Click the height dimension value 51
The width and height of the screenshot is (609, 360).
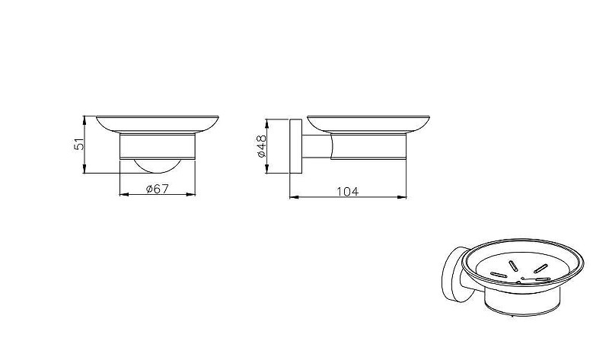(x=79, y=144)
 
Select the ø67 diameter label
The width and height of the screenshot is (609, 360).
(x=158, y=189)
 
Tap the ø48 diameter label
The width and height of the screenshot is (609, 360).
(x=261, y=146)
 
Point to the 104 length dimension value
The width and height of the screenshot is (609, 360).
(x=348, y=192)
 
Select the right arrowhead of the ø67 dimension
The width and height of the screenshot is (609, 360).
(x=191, y=194)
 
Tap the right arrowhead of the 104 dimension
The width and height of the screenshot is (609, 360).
(x=402, y=197)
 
